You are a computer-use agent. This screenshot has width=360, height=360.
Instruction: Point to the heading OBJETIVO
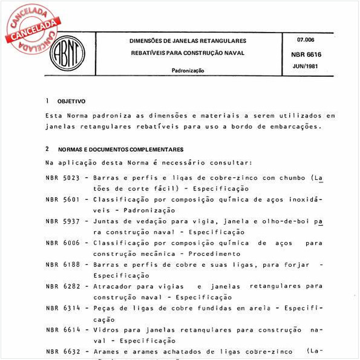(x=71, y=101)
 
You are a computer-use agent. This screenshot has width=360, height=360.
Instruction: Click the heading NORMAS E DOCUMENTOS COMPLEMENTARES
(x=120, y=149)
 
